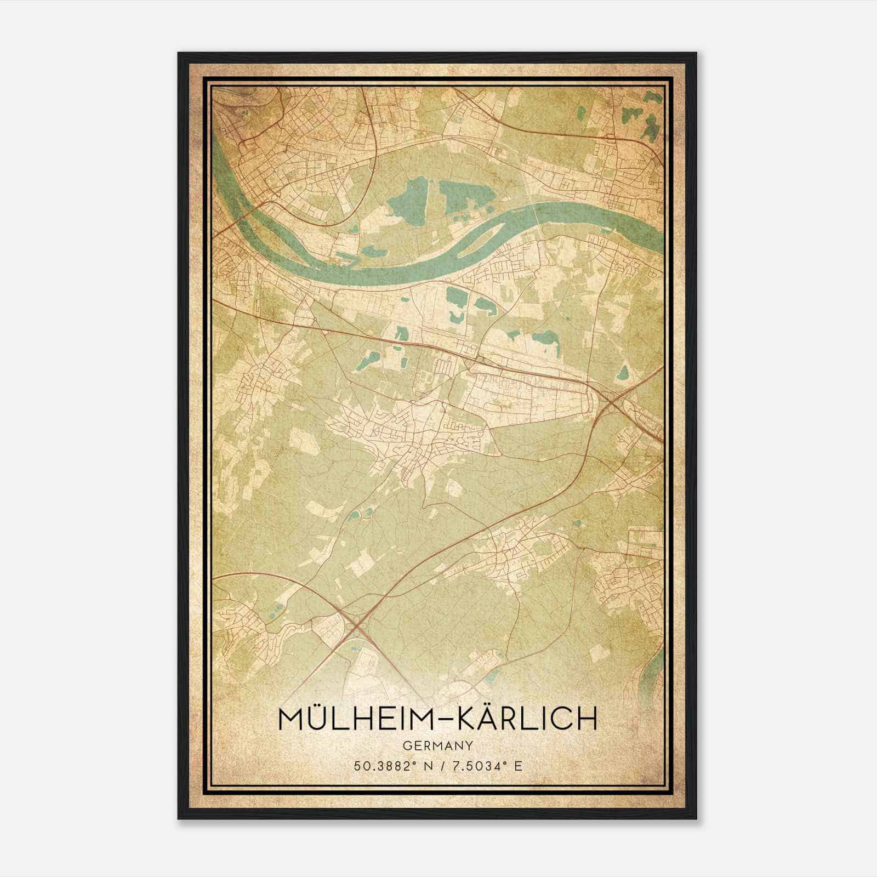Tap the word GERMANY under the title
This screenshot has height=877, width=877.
pos(438,745)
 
